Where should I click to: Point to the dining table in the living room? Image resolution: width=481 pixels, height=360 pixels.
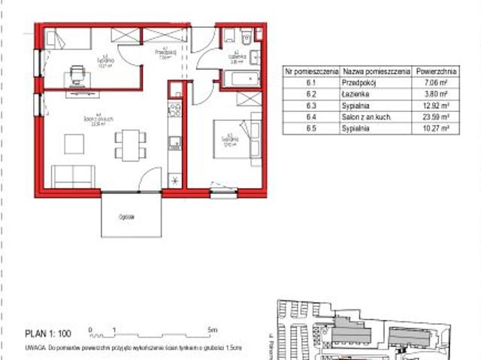pyautogui.click(x=129, y=143)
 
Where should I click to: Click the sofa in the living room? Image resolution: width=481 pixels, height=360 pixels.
pyautogui.click(x=73, y=177)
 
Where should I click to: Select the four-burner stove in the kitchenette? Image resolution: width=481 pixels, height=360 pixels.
pyautogui.click(x=174, y=110)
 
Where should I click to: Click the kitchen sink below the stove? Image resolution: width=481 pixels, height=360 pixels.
pyautogui.click(x=174, y=140)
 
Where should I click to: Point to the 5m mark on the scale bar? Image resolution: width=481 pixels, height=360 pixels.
pyautogui.click(x=213, y=329)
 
